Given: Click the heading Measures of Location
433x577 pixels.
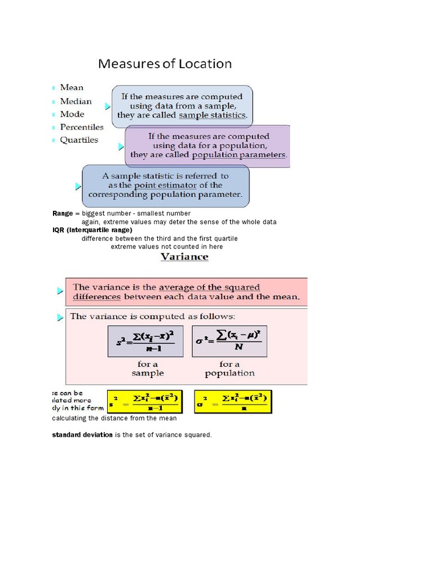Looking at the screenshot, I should (x=165, y=64).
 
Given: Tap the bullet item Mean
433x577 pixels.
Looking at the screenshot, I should (x=72, y=87).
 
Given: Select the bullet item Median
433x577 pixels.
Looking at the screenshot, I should (x=76, y=101).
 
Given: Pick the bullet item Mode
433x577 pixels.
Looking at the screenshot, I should (x=72, y=114).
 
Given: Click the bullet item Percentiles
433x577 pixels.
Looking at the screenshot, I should (x=82, y=127).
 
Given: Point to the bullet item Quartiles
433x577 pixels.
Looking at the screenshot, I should (x=79, y=140).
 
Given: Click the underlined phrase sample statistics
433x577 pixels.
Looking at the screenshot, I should (x=213, y=115).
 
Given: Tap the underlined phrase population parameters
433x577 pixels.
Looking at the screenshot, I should (x=239, y=154).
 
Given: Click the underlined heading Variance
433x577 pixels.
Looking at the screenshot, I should (x=184, y=257).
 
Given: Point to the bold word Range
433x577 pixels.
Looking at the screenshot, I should (x=63, y=214).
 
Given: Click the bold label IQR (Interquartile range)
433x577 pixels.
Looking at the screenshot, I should (x=92, y=230).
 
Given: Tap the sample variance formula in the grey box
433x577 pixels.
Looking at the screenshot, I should (x=145, y=341).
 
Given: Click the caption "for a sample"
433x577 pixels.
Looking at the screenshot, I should (x=147, y=369).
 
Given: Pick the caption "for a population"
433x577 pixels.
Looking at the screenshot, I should (x=229, y=369).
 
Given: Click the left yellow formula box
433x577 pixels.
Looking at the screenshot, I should (x=144, y=401).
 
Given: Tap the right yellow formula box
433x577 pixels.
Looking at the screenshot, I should (x=232, y=401).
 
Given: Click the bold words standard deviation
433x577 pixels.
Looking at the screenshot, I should (x=82, y=435).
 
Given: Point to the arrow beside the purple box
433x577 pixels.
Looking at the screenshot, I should (x=121, y=147).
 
